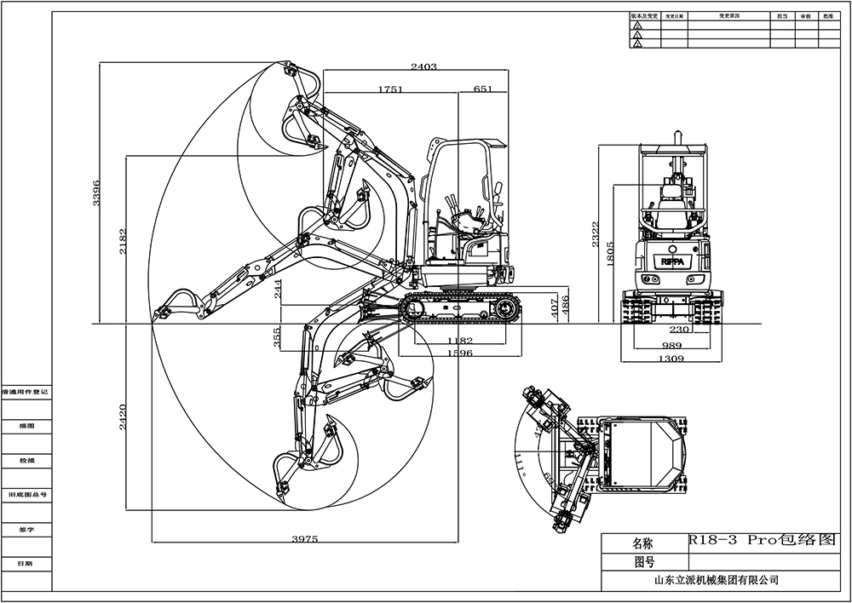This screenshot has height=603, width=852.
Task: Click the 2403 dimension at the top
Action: pyautogui.click(x=423, y=67)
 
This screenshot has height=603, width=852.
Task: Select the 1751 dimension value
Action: pyautogui.click(x=389, y=89)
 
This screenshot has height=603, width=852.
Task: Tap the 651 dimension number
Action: pyautogui.click(x=483, y=89)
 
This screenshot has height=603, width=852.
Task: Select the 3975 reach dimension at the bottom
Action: pyautogui.click(x=304, y=539)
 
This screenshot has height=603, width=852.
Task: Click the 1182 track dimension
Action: pyautogui.click(x=459, y=341)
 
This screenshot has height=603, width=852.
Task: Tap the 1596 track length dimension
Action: pyautogui.click(x=459, y=353)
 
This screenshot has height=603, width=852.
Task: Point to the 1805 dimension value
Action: pyautogui.click(x=610, y=254)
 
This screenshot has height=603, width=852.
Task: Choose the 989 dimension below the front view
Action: pyautogui.click(x=672, y=346)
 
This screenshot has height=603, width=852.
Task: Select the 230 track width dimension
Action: pyautogui.click(x=679, y=330)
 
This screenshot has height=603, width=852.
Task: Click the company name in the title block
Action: pyautogui.click(x=715, y=581)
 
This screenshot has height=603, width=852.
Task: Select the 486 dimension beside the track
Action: pyautogui.click(x=565, y=303)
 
